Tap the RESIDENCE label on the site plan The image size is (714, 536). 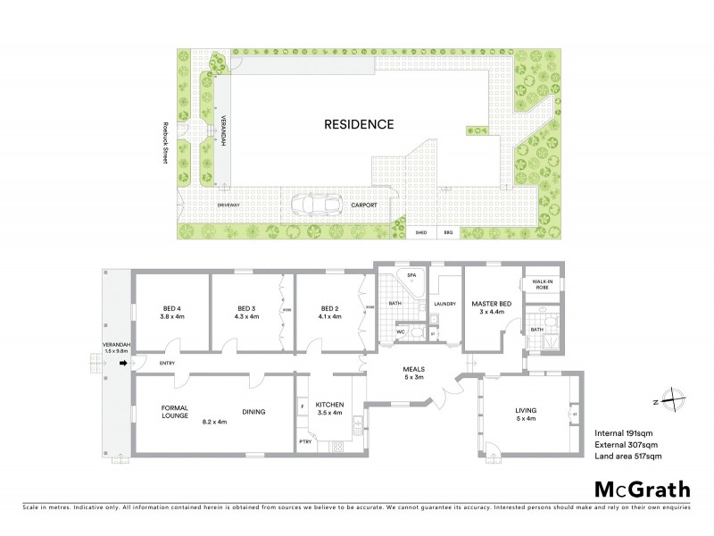357,124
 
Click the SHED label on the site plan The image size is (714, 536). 421,232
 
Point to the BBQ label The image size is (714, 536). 449,232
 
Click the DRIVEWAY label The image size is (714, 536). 230,205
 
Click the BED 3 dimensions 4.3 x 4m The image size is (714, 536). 245,316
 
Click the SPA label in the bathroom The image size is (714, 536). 411,276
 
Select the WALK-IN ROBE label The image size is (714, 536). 542,285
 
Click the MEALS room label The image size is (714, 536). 412,368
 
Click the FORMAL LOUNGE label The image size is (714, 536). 175,411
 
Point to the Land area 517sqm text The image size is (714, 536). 628,456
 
